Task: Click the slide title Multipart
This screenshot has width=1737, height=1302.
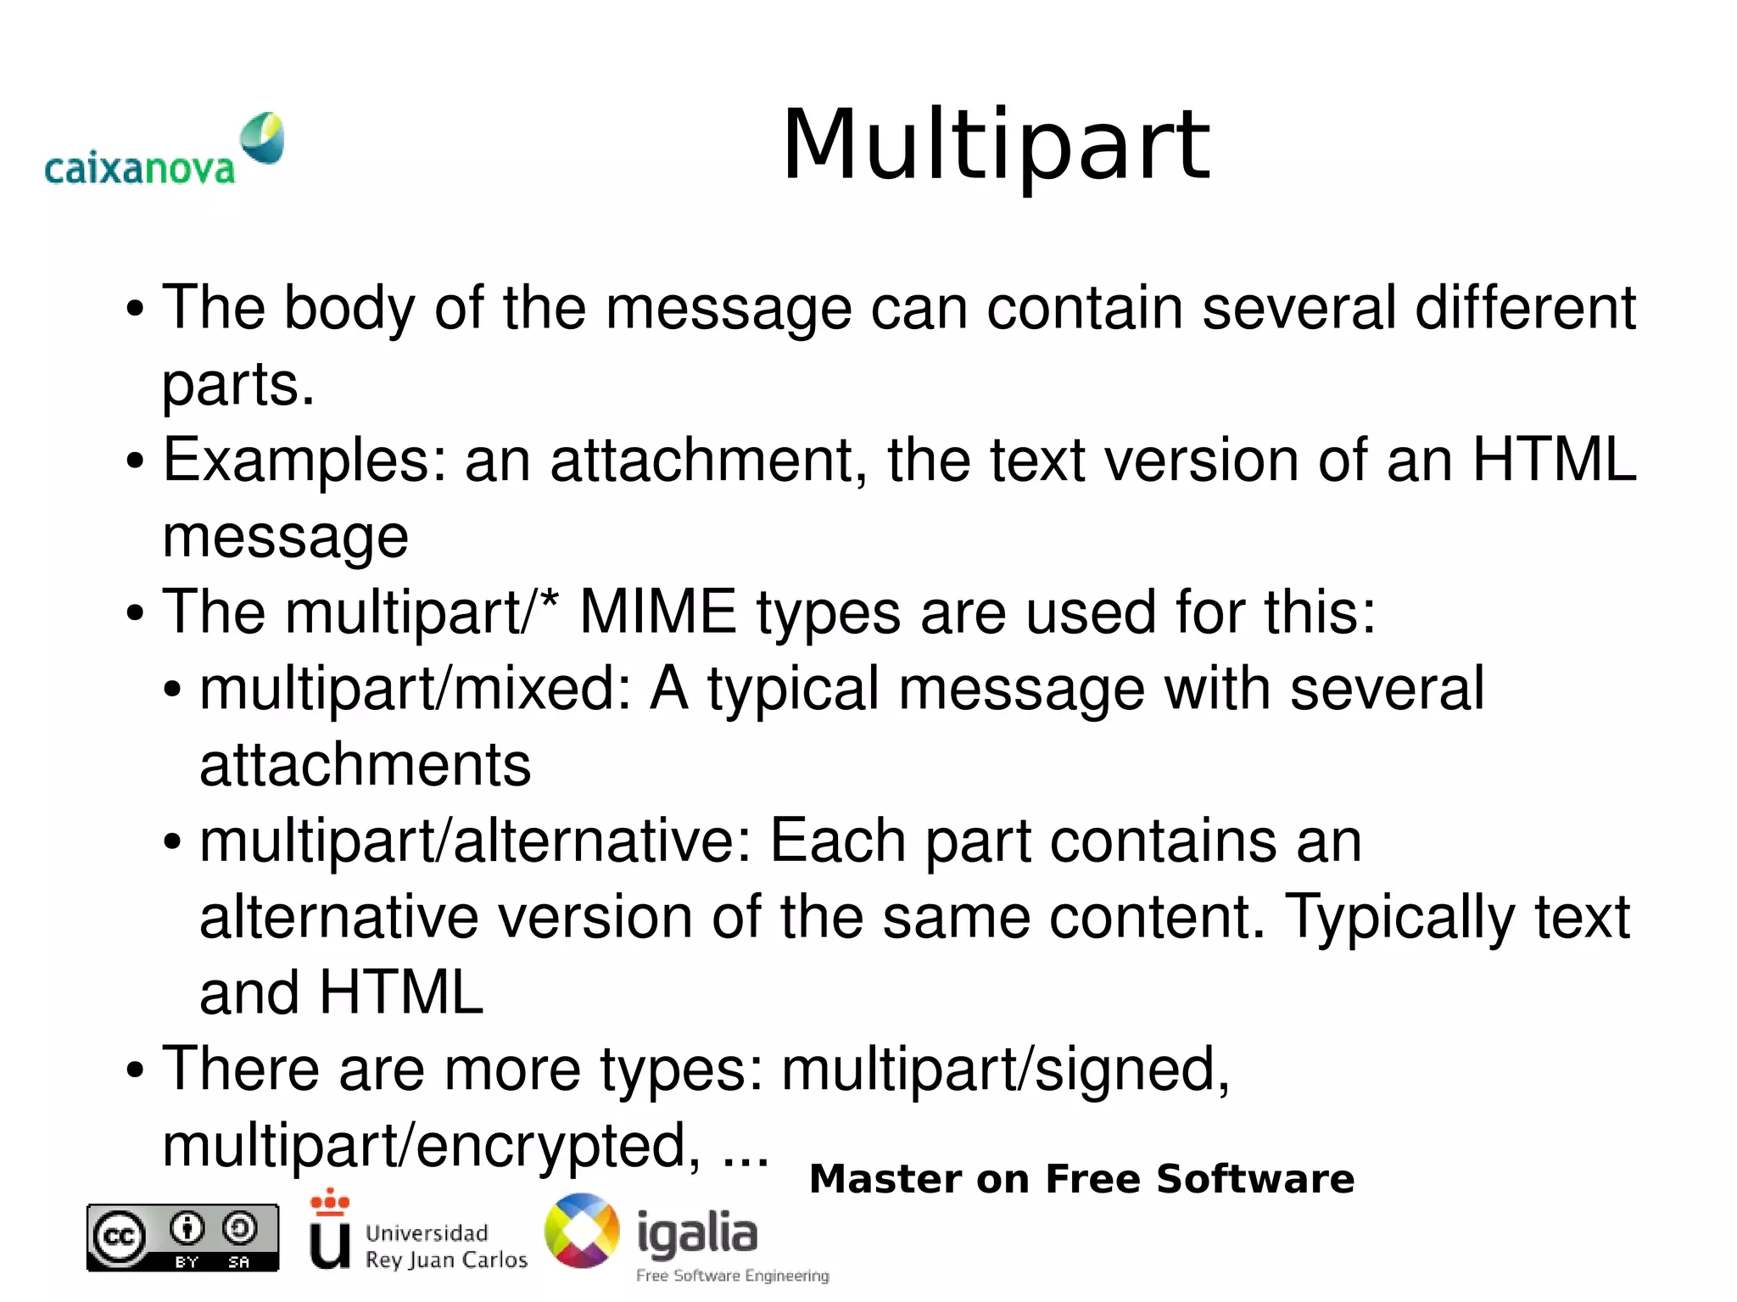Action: pos(996,146)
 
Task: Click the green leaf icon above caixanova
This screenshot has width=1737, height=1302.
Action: pos(262,137)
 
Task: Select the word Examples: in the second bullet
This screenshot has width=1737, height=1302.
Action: pos(304,461)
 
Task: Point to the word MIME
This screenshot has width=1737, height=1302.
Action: pos(658,612)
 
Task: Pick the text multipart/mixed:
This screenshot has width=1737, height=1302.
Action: pos(416,688)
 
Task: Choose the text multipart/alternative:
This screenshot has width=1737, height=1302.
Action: pos(476,841)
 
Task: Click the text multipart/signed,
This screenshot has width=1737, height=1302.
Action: pos(1005,1070)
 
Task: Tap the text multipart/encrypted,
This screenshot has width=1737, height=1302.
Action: pos(432,1145)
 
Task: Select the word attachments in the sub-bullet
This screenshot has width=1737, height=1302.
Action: pos(365,764)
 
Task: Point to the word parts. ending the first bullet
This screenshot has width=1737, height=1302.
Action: pos(238,384)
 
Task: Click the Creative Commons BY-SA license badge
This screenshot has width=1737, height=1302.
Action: pos(182,1237)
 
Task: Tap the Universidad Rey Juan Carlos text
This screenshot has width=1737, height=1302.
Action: pos(446,1245)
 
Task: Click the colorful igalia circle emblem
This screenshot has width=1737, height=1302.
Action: pos(582,1231)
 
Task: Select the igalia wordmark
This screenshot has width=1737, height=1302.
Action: pos(697,1232)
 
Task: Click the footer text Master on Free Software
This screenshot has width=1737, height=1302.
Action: pos(1081,1179)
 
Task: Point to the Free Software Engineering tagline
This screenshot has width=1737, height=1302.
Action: pos(733,1276)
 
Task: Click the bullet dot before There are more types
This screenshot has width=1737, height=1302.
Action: pos(134,1070)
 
